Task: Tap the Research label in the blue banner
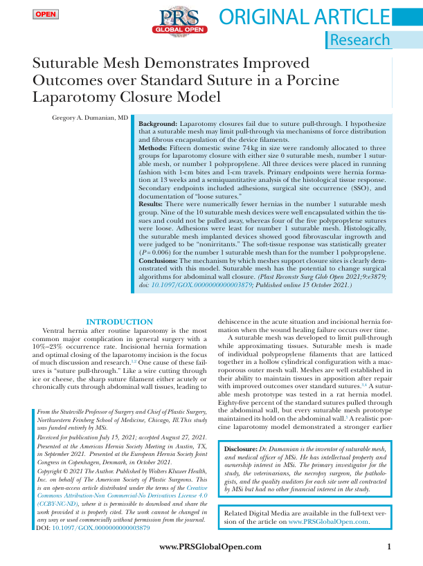point(360,40)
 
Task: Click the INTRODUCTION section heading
point(118,322)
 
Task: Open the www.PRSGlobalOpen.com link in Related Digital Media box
point(334,522)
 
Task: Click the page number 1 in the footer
point(389,547)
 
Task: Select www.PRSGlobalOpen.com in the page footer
point(210,547)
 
